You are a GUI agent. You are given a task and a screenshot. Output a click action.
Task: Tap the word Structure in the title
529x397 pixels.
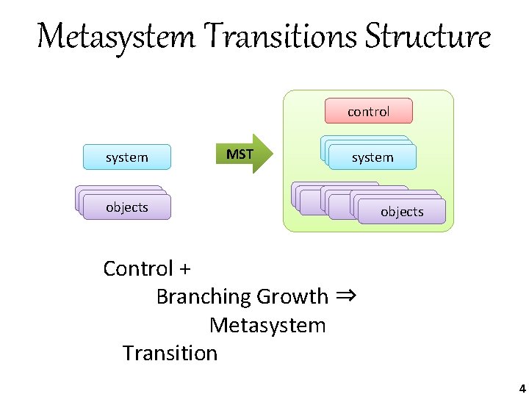pyautogui.click(x=428, y=36)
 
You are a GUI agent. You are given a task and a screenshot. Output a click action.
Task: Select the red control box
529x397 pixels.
pyautogui.click(x=368, y=111)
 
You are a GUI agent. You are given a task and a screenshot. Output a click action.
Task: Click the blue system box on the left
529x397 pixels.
pyautogui.click(x=127, y=157)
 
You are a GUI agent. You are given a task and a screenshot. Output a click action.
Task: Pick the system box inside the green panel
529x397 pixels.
pyautogui.click(x=373, y=157)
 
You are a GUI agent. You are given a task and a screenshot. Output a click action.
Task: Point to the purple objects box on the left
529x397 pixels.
pyautogui.click(x=127, y=207)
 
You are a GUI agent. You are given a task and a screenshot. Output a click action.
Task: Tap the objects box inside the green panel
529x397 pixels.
pyautogui.click(x=402, y=212)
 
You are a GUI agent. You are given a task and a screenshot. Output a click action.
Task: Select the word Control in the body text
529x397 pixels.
pyautogui.click(x=138, y=268)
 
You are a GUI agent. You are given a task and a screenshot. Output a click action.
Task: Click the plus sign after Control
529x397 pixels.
pyautogui.click(x=184, y=269)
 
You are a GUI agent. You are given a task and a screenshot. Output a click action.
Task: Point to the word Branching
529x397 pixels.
pyautogui.click(x=204, y=296)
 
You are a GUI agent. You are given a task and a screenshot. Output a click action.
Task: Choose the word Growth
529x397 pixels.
pyautogui.click(x=292, y=296)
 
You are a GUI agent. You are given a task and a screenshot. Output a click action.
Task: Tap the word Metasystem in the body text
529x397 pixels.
pyautogui.click(x=267, y=324)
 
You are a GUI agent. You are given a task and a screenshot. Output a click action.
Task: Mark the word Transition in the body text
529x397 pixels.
pyautogui.click(x=170, y=353)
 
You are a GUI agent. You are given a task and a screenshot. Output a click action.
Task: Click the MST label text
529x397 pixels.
pyautogui.click(x=240, y=154)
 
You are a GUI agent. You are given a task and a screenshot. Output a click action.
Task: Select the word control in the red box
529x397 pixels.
pyautogui.click(x=368, y=111)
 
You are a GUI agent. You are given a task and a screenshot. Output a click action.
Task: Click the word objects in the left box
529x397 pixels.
pyautogui.click(x=127, y=207)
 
